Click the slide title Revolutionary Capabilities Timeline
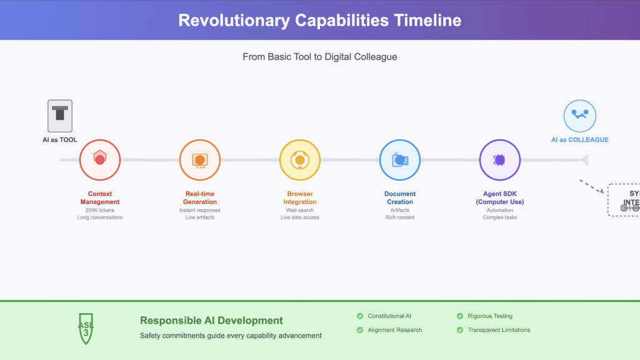pos(319,20)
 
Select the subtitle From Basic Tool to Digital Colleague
pos(319,57)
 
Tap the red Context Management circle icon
pos(100,160)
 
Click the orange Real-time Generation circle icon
pos(200,160)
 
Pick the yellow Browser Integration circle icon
pos(300,160)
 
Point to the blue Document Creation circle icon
pos(400,160)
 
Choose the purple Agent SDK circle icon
pos(499,160)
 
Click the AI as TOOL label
pos(60,139)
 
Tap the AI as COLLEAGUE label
pos(579,139)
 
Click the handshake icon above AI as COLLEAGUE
pos(579,116)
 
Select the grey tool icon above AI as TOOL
pos(60,116)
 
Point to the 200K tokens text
pos(100,210)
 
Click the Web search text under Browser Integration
pos(300,210)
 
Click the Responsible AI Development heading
pos(211,321)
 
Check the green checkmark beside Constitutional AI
pos(359,316)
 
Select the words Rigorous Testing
pos(490,316)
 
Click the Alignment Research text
pos(394,330)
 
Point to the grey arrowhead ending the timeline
pos(584,160)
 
